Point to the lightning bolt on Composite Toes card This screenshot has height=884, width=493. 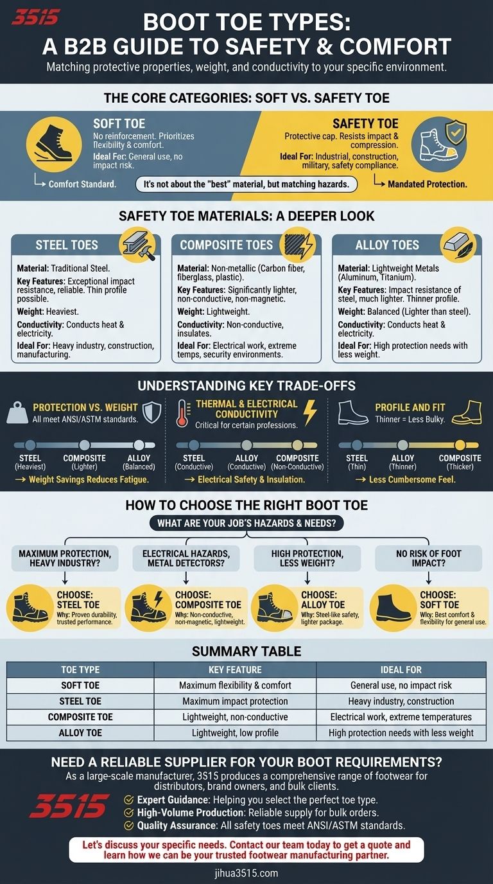pyautogui.click(x=307, y=245)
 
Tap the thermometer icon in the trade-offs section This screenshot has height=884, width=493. pyautogui.click(x=182, y=413)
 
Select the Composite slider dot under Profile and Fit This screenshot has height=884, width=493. pyautogui.click(x=460, y=445)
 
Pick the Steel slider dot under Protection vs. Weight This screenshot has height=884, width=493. pyautogui.click(x=30, y=445)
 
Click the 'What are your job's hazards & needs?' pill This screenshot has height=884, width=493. pyautogui.click(x=246, y=524)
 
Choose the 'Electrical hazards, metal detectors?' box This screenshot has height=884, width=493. pyautogui.click(x=186, y=558)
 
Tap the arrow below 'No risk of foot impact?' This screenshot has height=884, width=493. pyautogui.click(x=428, y=578)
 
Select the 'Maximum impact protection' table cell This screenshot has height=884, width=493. pyautogui.click(x=235, y=701)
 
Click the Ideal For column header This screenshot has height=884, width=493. pyautogui.click(x=401, y=669)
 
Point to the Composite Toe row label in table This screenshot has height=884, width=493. pyautogui.click(x=80, y=717)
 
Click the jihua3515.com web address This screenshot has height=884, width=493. pyautogui.click(x=246, y=873)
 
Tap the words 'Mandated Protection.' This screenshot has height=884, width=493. pyautogui.click(x=428, y=184)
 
